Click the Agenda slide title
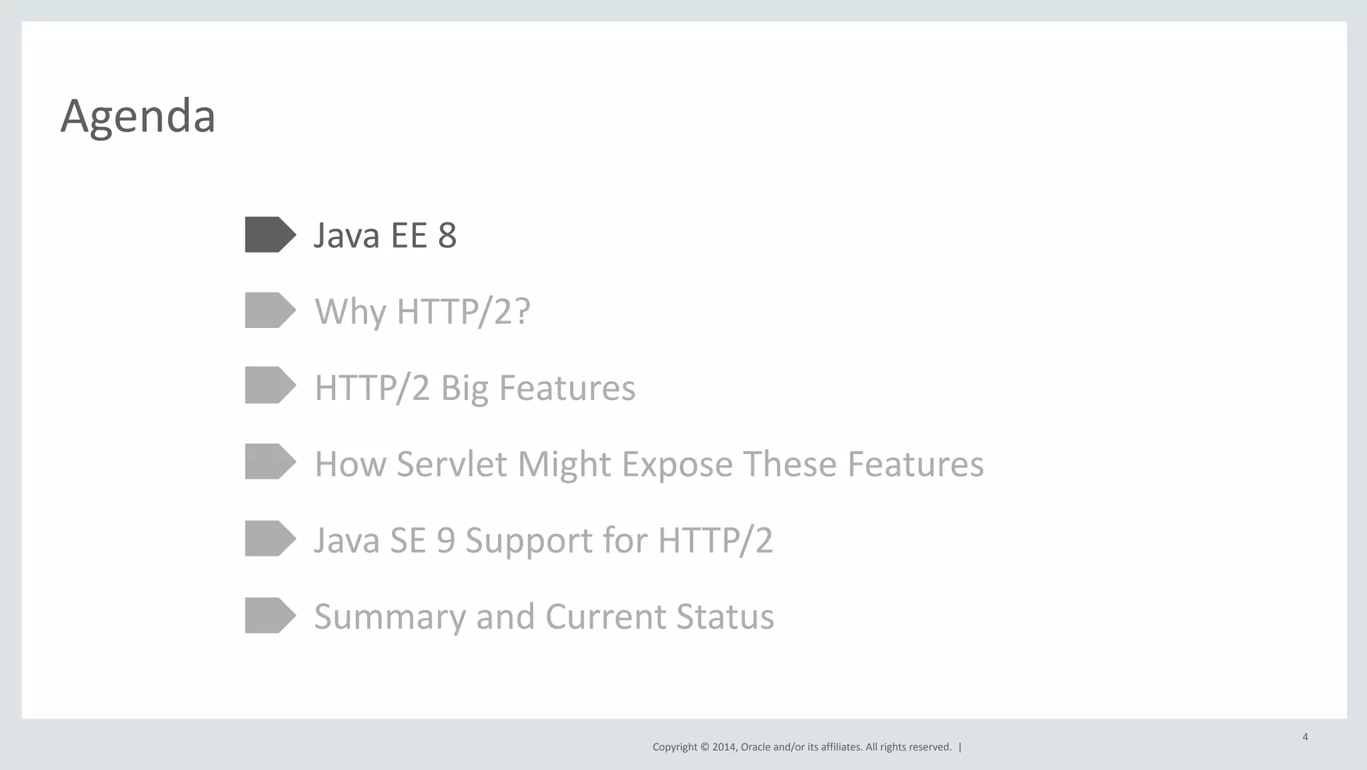click(x=138, y=116)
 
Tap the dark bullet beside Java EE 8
click(x=269, y=234)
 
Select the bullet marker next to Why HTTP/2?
click(x=269, y=310)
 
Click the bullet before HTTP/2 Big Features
click(x=269, y=385)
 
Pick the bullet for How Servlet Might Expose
click(x=269, y=461)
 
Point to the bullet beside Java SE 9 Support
click(x=269, y=538)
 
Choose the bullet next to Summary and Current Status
click(x=269, y=615)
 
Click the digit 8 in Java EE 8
click(x=447, y=235)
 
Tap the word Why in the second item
click(x=350, y=312)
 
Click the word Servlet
click(x=451, y=464)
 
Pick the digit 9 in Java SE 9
click(x=445, y=540)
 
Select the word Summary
click(x=389, y=617)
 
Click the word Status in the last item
click(x=724, y=616)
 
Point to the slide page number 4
click(x=1305, y=737)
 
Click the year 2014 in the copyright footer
click(x=724, y=747)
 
